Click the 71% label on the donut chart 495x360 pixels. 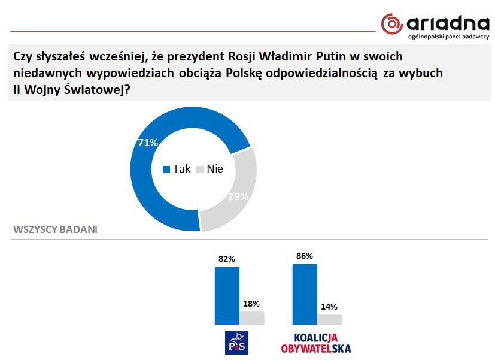pyautogui.click(x=148, y=143)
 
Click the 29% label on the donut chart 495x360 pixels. pyautogui.click(x=238, y=196)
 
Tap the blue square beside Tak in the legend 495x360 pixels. pyautogui.click(x=166, y=170)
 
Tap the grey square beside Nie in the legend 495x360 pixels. pyautogui.click(x=200, y=170)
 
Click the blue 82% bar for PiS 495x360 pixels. pyautogui.click(x=227, y=296)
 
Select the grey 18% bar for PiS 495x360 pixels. pyautogui.click(x=251, y=318)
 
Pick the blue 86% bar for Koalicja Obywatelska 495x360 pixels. pyautogui.click(x=305, y=294)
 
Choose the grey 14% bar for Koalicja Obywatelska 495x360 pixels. pyautogui.click(x=330, y=320)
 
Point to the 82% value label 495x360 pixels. pyautogui.click(x=227, y=259)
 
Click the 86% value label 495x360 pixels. pyautogui.click(x=305, y=256)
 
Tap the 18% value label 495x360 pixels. pyautogui.click(x=251, y=304)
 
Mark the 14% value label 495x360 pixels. pyautogui.click(x=329, y=307)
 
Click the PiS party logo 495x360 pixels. pyautogui.click(x=237, y=343)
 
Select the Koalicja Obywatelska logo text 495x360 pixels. pyautogui.click(x=316, y=343)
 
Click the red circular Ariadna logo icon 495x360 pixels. pyautogui.click(x=392, y=24)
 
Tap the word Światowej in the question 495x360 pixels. pyautogui.click(x=97, y=90)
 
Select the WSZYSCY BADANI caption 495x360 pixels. pyautogui.click(x=55, y=229)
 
